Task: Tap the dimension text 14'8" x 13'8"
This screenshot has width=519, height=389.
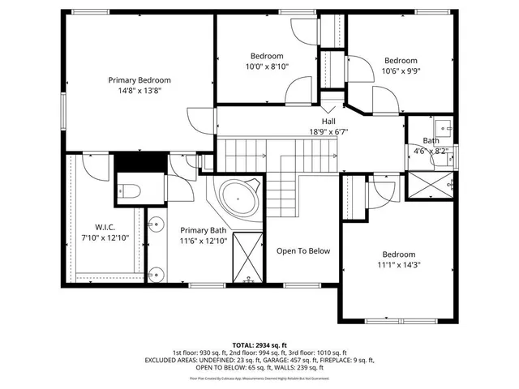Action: [x=139, y=92]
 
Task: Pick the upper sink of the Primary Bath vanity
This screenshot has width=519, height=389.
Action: [x=153, y=224]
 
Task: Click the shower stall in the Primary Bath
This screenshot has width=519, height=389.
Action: [x=247, y=259]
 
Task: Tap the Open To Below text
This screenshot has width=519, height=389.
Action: [x=303, y=250]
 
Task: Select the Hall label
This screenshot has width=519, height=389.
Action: [x=328, y=121]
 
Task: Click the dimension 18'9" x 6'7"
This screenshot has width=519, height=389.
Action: [x=328, y=131]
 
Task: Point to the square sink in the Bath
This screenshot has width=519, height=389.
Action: [x=444, y=128]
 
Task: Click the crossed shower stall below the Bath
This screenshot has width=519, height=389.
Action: [x=431, y=186]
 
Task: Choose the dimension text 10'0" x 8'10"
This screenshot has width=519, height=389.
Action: [x=268, y=66]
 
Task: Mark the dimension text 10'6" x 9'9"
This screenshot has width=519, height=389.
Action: [x=401, y=71]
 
